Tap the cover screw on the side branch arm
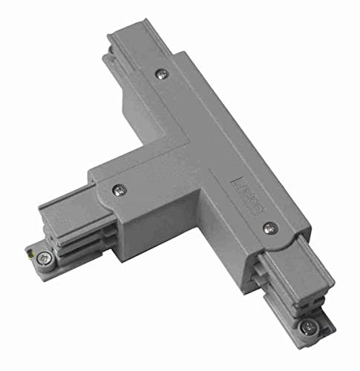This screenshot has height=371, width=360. pyautogui.click(x=119, y=189)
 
